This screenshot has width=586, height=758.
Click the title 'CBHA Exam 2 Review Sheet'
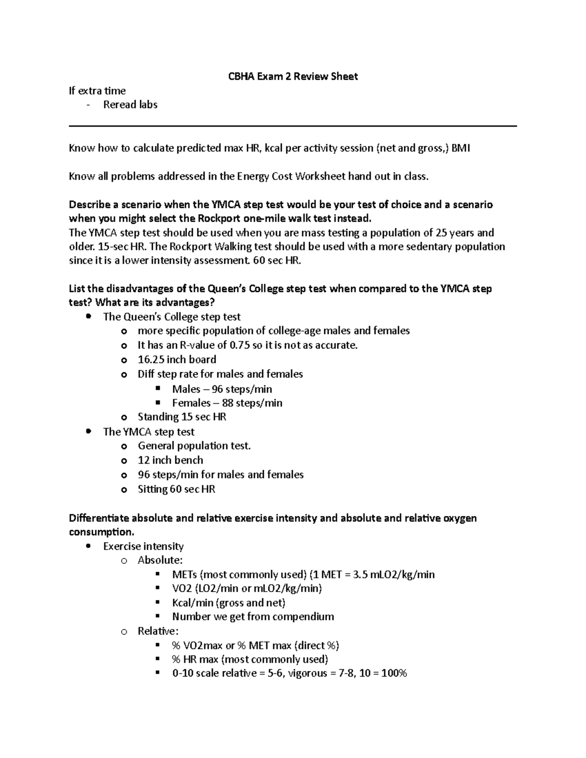click(x=293, y=76)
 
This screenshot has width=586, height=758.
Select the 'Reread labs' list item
click(x=130, y=104)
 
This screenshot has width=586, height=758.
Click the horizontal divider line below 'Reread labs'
click(x=293, y=126)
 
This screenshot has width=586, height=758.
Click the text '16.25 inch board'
click(x=177, y=360)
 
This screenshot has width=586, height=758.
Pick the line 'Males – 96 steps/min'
click(x=222, y=389)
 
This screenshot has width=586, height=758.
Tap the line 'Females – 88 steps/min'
click(x=227, y=403)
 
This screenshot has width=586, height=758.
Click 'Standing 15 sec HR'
click(x=182, y=417)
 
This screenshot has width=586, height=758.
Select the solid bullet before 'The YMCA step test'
click(x=88, y=431)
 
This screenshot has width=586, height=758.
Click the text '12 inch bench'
click(x=170, y=460)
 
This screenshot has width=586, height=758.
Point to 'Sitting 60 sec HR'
click(x=176, y=489)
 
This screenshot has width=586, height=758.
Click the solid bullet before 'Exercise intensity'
click(x=88, y=546)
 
